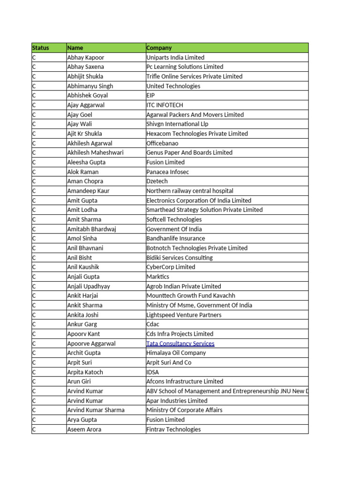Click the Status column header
[41, 48]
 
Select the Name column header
[75, 48]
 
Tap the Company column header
[159, 48]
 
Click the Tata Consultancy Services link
[180, 344]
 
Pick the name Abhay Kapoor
[85, 58]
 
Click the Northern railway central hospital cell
[189, 191]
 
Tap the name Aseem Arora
[84, 429]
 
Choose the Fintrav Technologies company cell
[173, 429]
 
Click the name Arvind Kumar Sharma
[96, 410]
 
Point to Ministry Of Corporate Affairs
[184, 410]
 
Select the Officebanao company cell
[162, 143]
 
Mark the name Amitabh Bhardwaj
[91, 229]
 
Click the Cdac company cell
[153, 324]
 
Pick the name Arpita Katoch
[85, 372]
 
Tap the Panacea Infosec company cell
[167, 172]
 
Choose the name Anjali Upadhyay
[88, 286]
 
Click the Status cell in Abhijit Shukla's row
[34, 76]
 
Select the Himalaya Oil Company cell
[176, 353]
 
